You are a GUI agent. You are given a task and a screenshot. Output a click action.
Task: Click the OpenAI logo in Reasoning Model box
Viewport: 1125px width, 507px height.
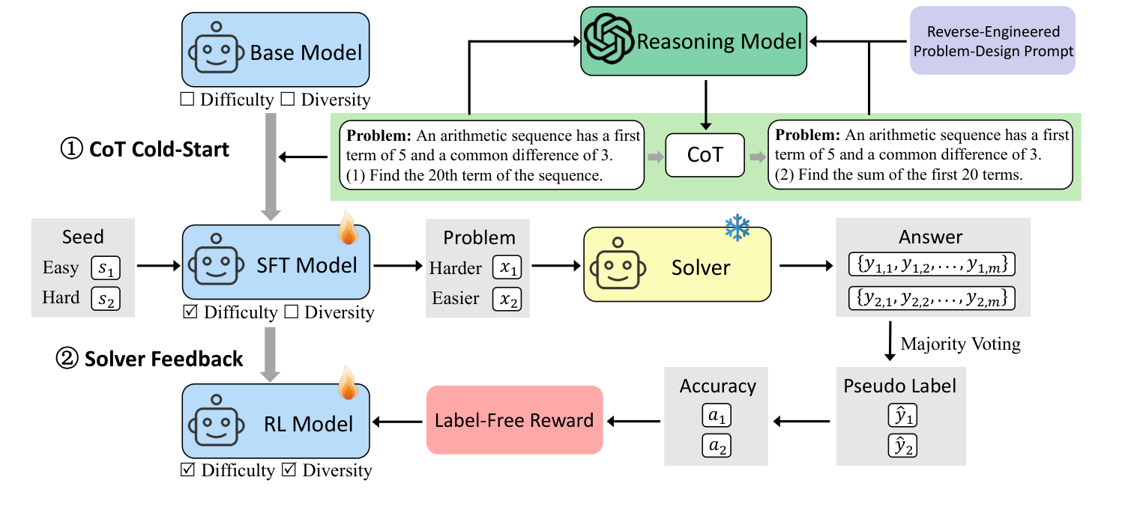coord(609,41)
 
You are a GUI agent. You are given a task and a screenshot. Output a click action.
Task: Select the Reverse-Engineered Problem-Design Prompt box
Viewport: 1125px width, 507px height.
coord(992,41)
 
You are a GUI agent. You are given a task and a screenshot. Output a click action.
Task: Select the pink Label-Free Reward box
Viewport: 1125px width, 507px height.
coord(514,420)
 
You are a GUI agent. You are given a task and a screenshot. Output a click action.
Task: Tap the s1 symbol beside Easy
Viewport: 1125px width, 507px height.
coord(105,268)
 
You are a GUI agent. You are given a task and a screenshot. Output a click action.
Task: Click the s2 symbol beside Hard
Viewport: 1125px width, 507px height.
coord(105,298)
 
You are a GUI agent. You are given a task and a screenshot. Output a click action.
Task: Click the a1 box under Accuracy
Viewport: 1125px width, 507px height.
coord(717,415)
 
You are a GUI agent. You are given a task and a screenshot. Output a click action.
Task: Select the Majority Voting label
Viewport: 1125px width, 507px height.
coord(960,344)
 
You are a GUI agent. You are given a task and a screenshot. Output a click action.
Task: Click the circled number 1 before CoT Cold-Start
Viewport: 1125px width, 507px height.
coord(71,150)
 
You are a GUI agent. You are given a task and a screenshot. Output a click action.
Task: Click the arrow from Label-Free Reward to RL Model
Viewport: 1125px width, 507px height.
coord(397,421)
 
